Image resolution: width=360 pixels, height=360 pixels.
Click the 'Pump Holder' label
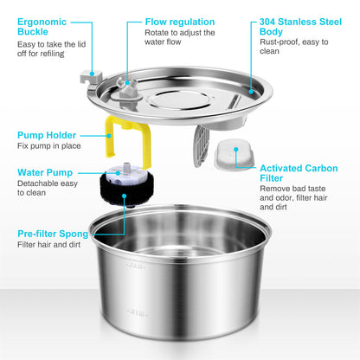[x=48, y=135]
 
